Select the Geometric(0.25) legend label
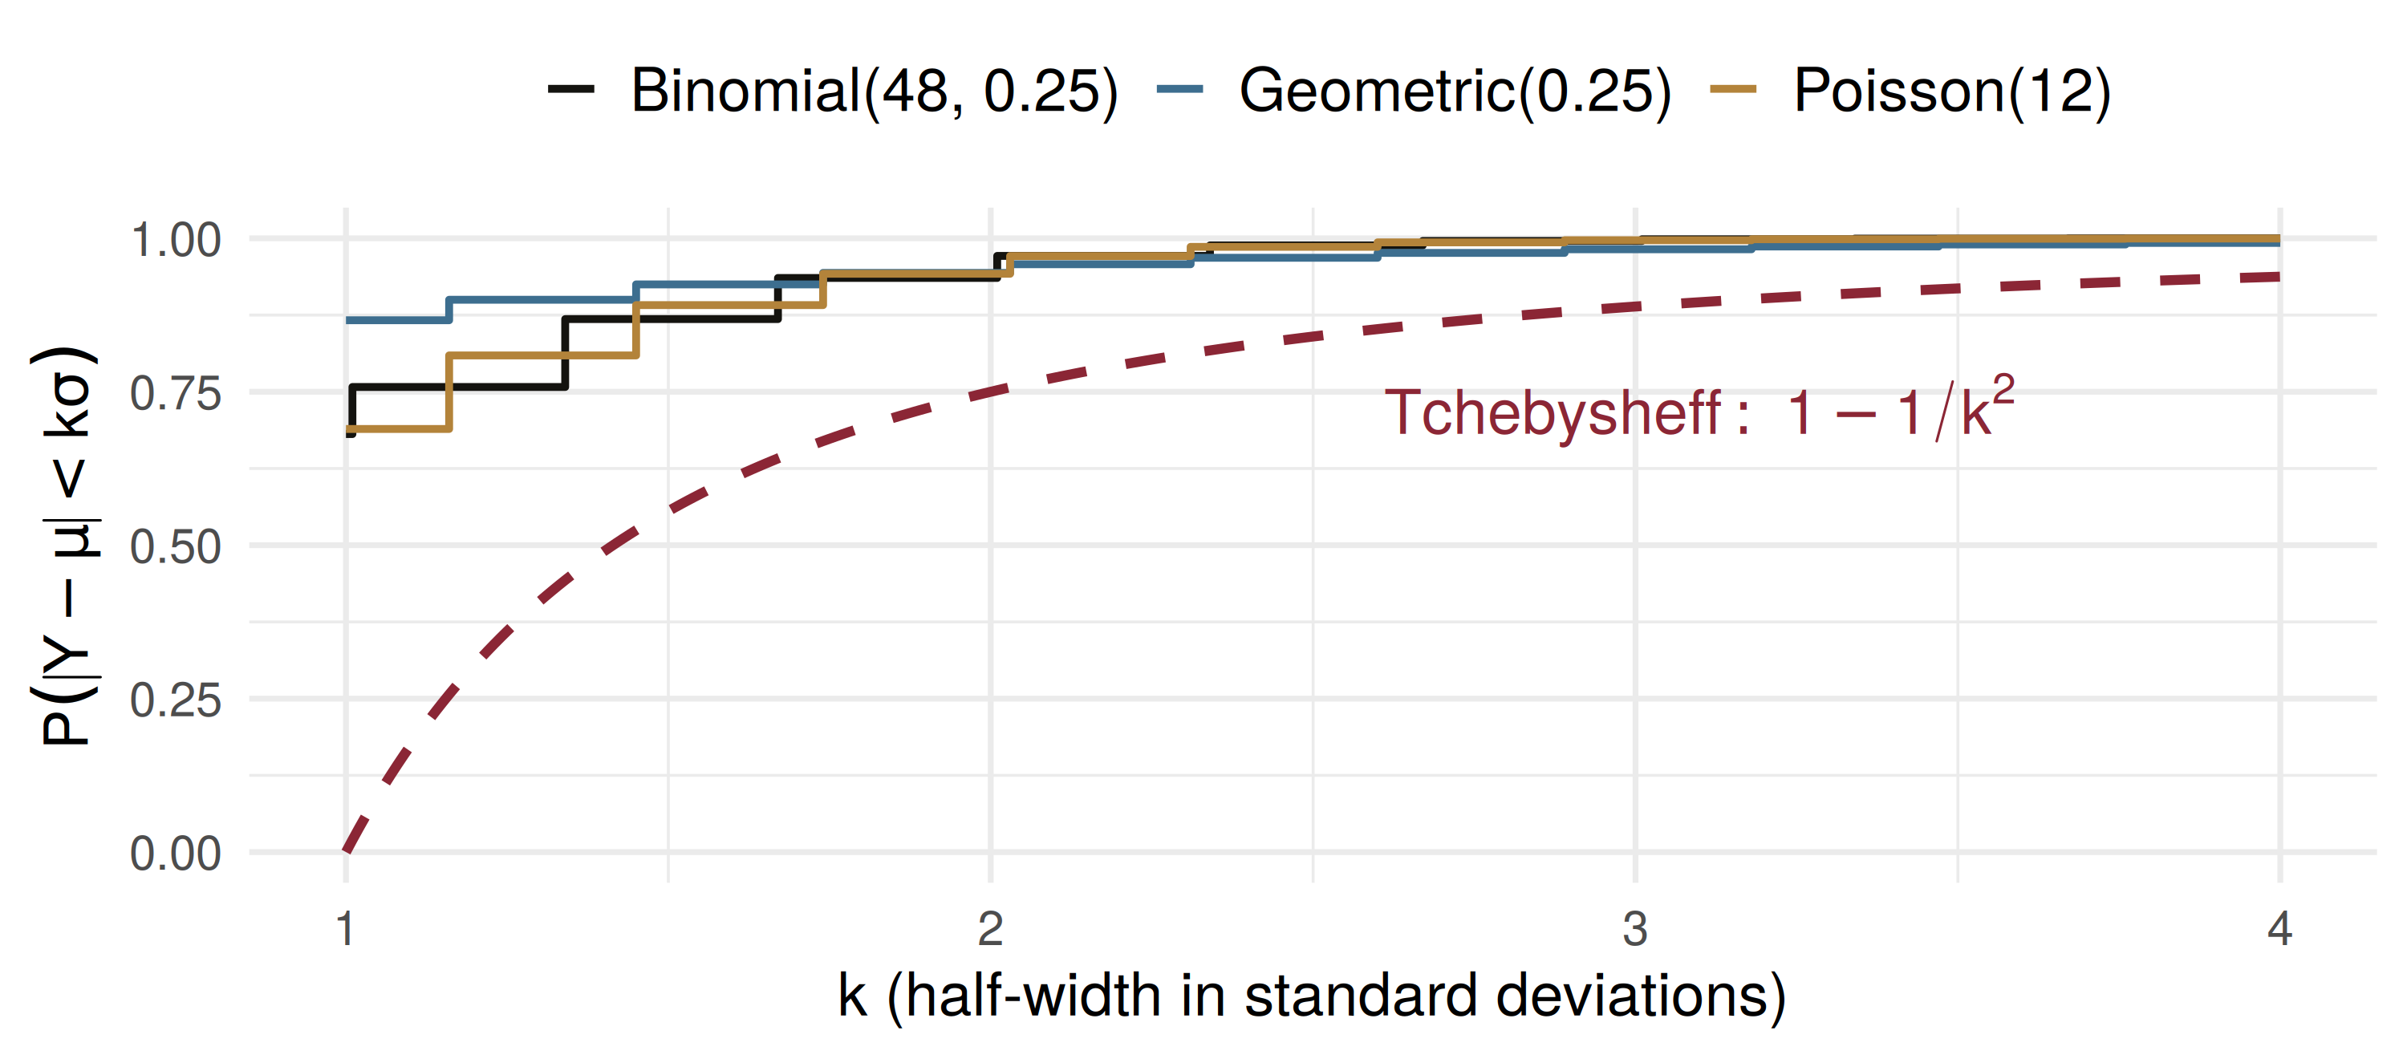(x=1455, y=91)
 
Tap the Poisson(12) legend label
(x=1952, y=91)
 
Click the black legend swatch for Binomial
(x=571, y=90)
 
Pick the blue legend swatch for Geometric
(x=1179, y=90)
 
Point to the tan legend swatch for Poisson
(x=1733, y=90)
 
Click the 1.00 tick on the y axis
(x=176, y=240)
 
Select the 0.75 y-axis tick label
(x=176, y=393)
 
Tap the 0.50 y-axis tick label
(x=176, y=547)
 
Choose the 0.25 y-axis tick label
(x=176, y=700)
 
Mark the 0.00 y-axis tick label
(x=176, y=854)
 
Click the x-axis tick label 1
(x=346, y=928)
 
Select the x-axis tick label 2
(x=990, y=928)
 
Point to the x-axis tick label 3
(x=1635, y=928)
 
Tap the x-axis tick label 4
(x=2280, y=928)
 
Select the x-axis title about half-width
(x=1312, y=996)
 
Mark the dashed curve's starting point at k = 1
(x=346, y=851)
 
